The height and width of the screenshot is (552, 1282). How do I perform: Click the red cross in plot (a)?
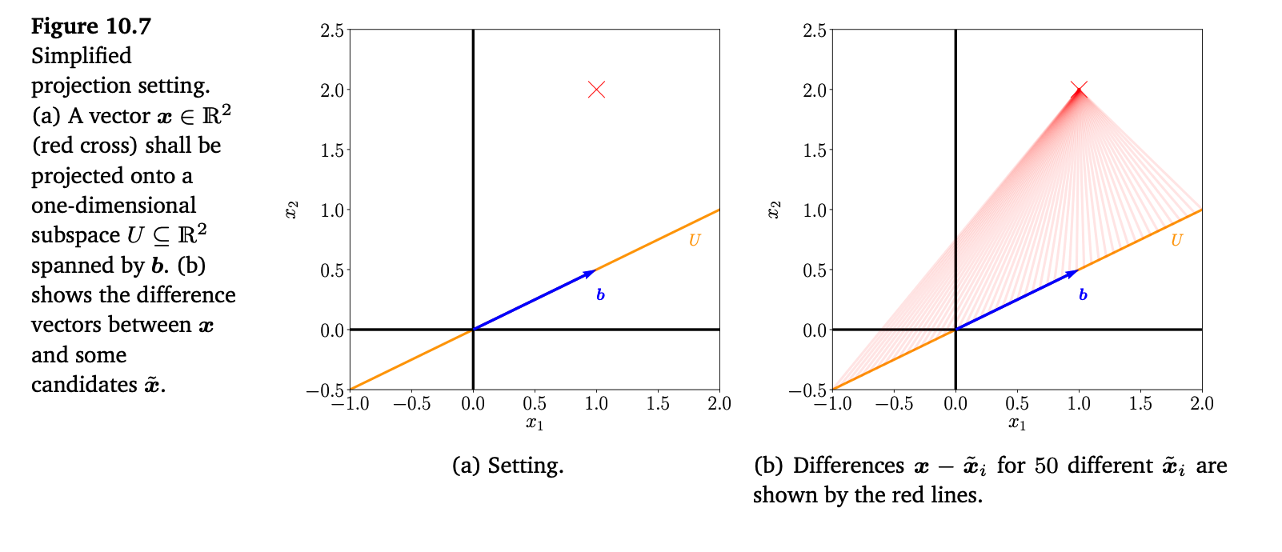596,90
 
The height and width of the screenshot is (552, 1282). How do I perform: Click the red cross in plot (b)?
1079,90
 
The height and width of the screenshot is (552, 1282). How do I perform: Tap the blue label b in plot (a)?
600,295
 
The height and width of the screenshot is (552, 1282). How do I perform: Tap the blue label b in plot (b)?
1083,295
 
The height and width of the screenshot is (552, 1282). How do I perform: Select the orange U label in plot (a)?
694,240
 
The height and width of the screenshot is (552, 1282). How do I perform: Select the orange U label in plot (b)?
1176,240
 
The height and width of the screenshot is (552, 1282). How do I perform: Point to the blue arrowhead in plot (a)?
591,274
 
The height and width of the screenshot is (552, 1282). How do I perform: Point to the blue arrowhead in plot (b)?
1073,274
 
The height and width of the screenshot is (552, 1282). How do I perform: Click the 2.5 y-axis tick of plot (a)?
332,30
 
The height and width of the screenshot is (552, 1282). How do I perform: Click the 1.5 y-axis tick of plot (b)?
815,150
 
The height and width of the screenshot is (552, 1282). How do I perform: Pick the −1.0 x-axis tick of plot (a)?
350,404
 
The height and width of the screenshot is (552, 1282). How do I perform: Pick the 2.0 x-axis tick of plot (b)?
1201,404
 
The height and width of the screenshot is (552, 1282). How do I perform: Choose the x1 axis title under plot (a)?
535,423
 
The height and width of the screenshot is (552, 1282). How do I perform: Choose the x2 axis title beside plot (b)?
774,210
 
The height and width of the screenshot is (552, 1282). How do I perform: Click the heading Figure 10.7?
91,26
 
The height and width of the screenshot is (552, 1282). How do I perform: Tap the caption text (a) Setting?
507,466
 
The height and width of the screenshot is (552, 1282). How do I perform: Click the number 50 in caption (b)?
1046,466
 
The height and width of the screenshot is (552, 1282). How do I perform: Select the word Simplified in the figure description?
82,56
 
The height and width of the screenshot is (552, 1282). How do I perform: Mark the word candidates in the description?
85,385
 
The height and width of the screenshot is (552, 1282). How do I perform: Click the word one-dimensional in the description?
114,206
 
